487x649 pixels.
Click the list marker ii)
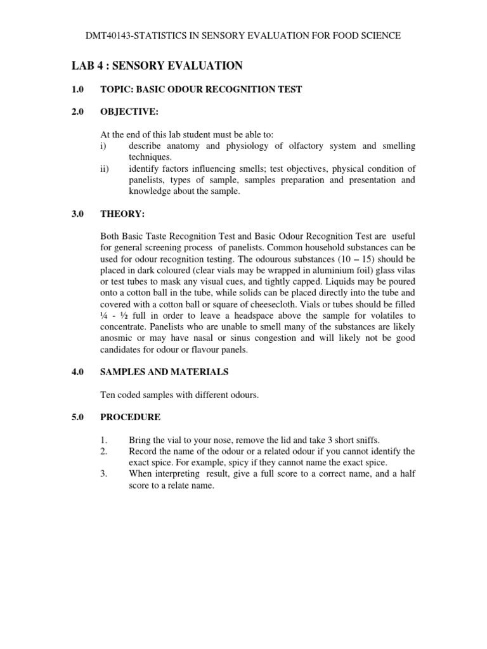(106, 169)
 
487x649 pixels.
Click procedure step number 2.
(105, 451)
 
